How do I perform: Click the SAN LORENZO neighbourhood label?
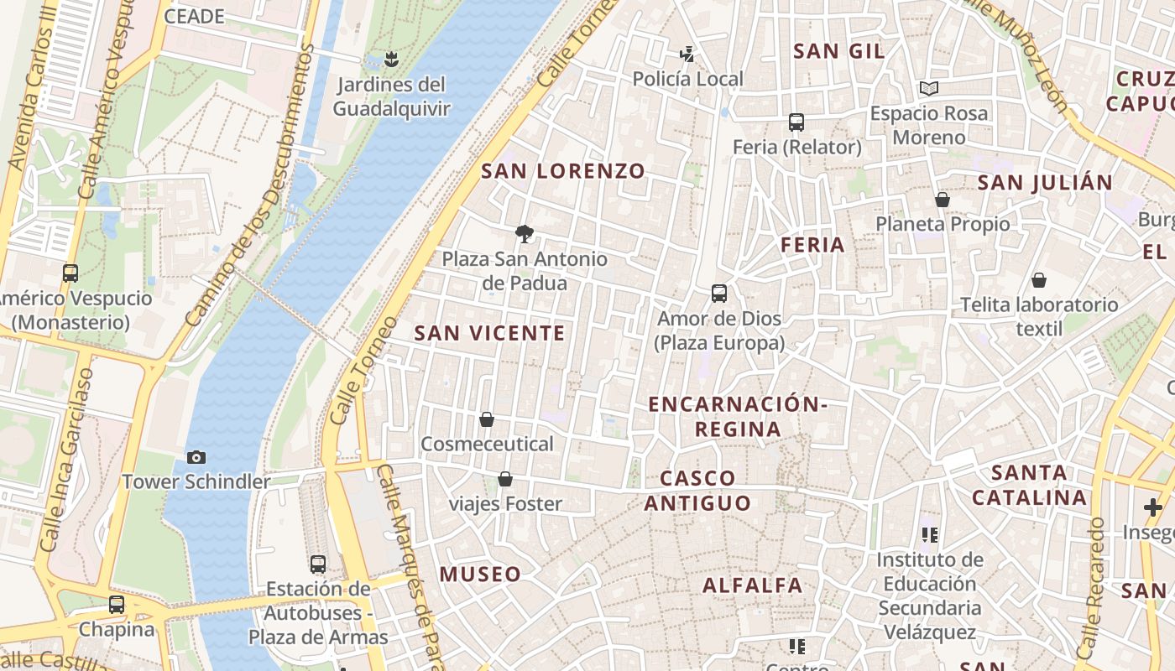click(563, 171)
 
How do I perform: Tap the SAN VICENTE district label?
click(490, 333)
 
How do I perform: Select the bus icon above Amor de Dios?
click(719, 294)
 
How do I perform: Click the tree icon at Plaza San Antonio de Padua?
click(525, 233)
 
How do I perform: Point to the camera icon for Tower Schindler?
click(196, 457)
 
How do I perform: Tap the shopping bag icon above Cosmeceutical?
click(487, 419)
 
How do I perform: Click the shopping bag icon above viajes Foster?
click(505, 479)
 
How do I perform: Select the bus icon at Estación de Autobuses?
click(318, 564)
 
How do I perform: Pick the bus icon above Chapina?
click(117, 604)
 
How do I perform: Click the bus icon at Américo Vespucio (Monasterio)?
click(70, 273)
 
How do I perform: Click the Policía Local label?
click(687, 79)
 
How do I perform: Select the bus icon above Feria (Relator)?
click(796, 122)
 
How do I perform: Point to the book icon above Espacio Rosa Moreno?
click(928, 88)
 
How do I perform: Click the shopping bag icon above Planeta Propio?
click(943, 200)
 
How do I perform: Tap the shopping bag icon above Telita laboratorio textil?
click(1039, 279)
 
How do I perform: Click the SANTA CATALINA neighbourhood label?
click(1029, 485)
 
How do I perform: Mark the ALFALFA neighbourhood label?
click(753, 585)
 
